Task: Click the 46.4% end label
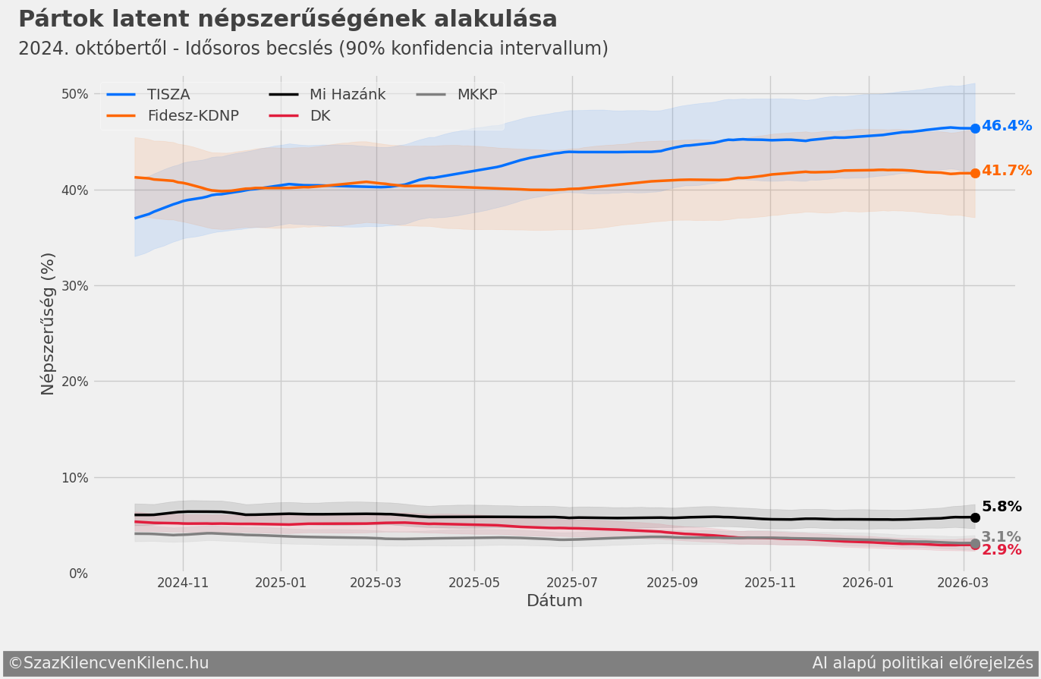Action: pos(1006,126)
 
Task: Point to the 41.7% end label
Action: pos(1006,171)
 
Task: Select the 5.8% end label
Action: pos(1001,507)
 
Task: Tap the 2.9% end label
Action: pos(1001,550)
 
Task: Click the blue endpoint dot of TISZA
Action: pos(975,128)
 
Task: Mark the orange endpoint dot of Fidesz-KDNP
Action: pos(975,173)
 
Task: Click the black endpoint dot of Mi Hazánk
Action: pos(975,517)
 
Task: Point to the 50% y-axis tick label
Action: pos(74,94)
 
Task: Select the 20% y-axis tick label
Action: pos(74,382)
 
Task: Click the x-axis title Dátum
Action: pos(555,602)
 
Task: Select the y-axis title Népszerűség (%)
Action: pos(49,324)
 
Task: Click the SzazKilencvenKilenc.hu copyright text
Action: pos(109,663)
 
